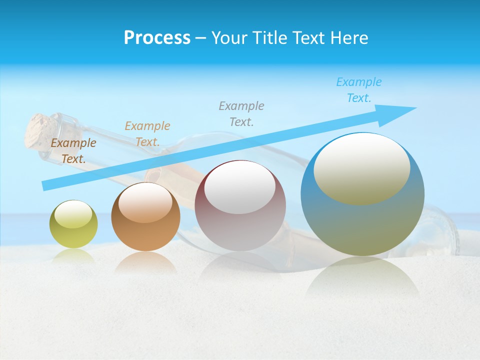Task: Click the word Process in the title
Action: (x=157, y=38)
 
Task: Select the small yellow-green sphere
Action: (x=73, y=233)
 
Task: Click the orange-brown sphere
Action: (x=145, y=235)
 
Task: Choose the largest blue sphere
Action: (x=362, y=225)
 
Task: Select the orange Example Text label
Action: (x=147, y=134)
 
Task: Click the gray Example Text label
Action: (x=241, y=113)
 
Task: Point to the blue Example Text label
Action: (x=359, y=90)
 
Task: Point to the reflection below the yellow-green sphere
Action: (x=73, y=256)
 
